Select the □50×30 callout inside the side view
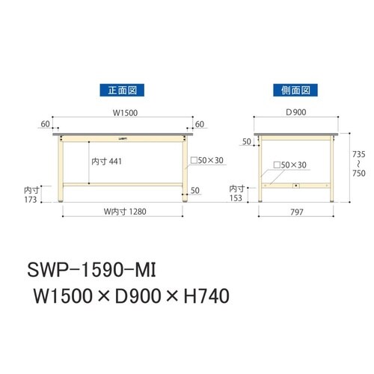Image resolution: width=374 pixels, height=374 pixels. [x=289, y=164]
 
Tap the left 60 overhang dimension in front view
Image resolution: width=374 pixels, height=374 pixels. [x=46, y=124]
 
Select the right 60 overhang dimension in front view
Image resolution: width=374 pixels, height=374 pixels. [x=199, y=124]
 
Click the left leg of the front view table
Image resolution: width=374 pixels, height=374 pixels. [x=62, y=170]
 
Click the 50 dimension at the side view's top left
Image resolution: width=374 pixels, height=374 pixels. [x=246, y=141]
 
